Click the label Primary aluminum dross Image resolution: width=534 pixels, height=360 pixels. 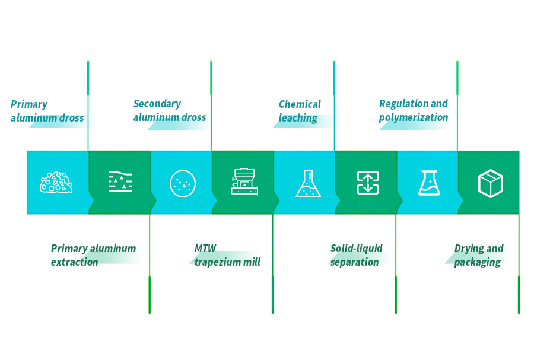point(47,111)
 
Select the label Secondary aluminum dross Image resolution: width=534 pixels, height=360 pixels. point(169,110)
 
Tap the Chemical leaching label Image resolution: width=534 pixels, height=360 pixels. point(299,111)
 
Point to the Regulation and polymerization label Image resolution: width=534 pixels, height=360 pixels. point(413,110)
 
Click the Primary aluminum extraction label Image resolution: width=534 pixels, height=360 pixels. point(93,255)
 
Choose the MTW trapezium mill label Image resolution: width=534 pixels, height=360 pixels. point(227,255)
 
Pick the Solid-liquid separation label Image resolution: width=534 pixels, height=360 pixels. point(356,255)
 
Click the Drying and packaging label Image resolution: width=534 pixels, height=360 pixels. point(478,255)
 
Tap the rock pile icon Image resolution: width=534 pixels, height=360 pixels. point(57,183)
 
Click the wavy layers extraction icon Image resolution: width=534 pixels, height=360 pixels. point(120,181)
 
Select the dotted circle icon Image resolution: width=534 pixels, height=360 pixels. point(182,183)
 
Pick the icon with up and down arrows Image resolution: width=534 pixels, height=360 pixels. point(367,183)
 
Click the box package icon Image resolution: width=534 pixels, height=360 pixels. point(490,183)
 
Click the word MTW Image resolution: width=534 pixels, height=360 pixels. point(204,249)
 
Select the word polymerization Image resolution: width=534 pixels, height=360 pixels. point(413,117)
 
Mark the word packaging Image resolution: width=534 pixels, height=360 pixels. point(477,262)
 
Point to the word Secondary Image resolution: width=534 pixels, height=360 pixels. point(157,104)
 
